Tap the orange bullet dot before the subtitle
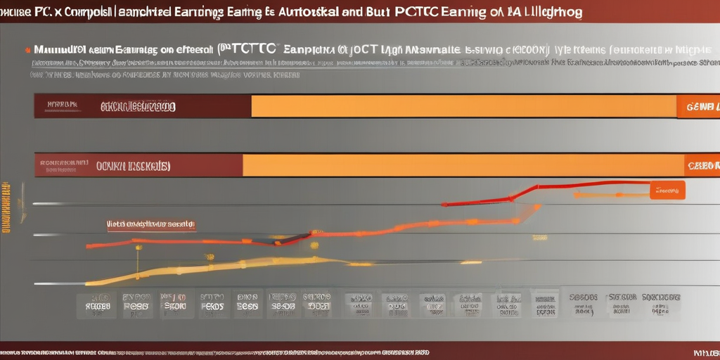pyautogui.click(x=27, y=50)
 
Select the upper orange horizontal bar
pyautogui.click(x=464, y=106)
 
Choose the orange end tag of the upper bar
pyautogui.click(x=698, y=106)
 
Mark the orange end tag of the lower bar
pyautogui.click(x=702, y=165)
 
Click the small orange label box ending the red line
pyautogui.click(x=667, y=190)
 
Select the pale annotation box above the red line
pyautogui.click(x=151, y=224)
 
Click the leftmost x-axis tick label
pyautogui.click(x=96, y=303)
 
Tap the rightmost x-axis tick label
pyautogui.click(x=660, y=303)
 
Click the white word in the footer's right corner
pyautogui.click(x=705, y=351)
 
